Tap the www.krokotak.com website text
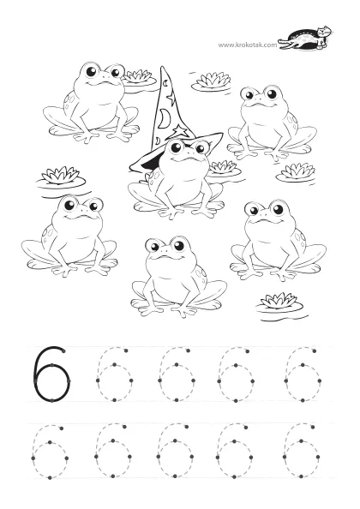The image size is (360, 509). (248, 45)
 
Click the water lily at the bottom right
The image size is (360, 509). (279, 302)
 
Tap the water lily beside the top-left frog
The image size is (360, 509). (138, 77)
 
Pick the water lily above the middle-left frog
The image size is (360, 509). (61, 177)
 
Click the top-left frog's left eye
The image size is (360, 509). (91, 71)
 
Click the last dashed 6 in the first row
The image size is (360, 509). (303, 374)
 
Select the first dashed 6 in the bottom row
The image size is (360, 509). (50, 451)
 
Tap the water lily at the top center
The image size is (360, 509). (212, 81)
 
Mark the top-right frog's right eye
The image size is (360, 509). (272, 94)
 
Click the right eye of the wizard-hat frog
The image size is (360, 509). (201, 148)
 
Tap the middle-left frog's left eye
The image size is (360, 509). (69, 205)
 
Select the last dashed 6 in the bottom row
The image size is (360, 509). (301, 451)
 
